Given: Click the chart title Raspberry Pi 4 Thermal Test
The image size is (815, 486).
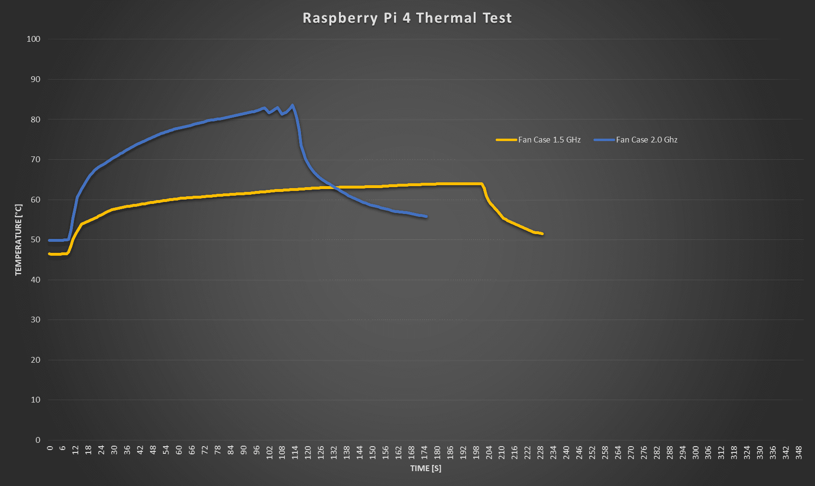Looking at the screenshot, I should [407, 18].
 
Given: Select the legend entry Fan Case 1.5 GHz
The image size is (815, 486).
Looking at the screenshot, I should [549, 140].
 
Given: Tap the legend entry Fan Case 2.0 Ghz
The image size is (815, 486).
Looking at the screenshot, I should [646, 140].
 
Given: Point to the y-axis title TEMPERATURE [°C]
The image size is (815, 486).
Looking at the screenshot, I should [19, 239].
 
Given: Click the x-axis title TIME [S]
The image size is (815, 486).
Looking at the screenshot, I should [425, 468].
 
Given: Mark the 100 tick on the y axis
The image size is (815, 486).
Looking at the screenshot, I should [34, 39].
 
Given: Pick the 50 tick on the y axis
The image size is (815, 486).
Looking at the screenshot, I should [35, 239].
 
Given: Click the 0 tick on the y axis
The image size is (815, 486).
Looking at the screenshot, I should [38, 440].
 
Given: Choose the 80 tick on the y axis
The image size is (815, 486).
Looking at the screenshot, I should [35, 119].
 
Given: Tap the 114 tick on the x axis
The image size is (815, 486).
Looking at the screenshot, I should [295, 452].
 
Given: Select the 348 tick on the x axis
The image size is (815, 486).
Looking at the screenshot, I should [799, 452].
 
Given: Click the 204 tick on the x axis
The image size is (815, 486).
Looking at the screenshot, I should [489, 452].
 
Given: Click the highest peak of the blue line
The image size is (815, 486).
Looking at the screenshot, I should [292, 105].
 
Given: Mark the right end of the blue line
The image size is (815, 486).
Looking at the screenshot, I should [426, 216].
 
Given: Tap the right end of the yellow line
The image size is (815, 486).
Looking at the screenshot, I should [542, 234].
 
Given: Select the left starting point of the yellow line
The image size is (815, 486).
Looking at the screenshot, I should [49, 254].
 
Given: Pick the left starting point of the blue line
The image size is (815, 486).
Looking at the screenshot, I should [49, 240].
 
